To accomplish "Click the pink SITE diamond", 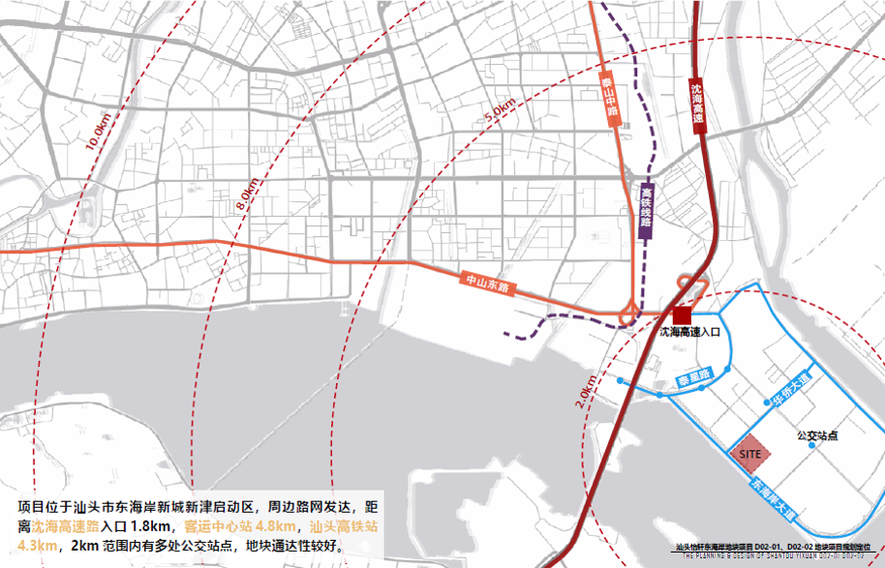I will [749, 453].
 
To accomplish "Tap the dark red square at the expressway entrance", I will [683, 314].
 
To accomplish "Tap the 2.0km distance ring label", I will [587, 389].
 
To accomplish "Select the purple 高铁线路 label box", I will [646, 210].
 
